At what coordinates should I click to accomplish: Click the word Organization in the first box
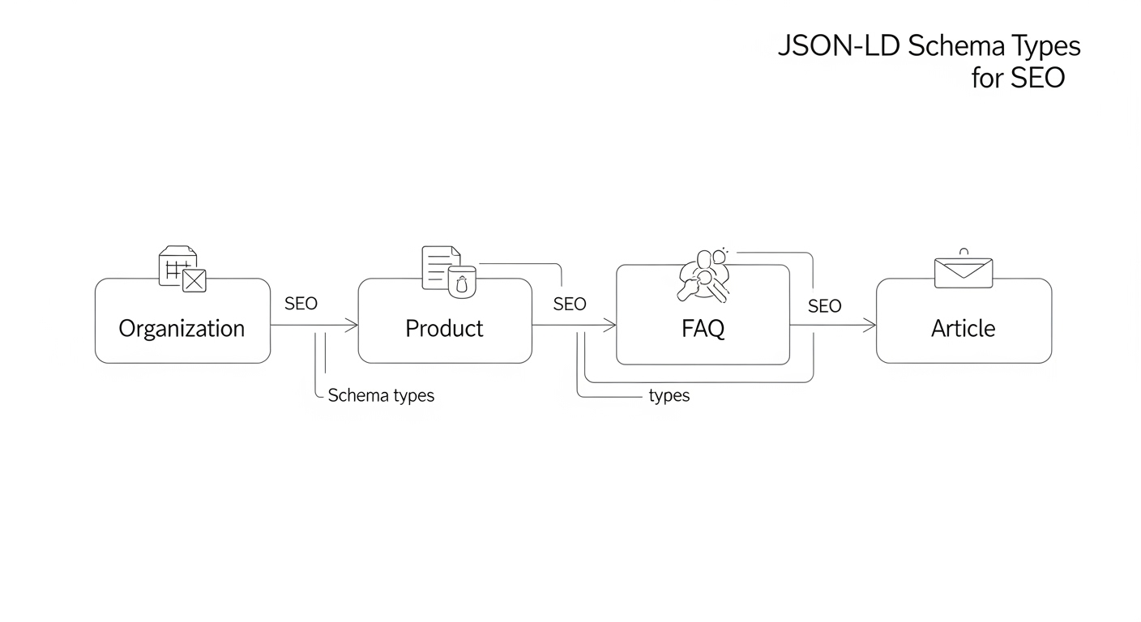click(x=182, y=329)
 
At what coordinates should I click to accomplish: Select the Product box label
click(x=444, y=329)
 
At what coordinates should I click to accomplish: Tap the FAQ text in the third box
click(x=703, y=329)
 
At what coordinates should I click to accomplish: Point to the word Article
click(x=964, y=329)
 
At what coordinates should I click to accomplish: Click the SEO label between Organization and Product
click(x=301, y=305)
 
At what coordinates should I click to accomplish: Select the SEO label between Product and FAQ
click(x=570, y=305)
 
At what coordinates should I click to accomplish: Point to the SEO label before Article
click(x=825, y=306)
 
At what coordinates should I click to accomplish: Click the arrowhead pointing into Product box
click(x=353, y=326)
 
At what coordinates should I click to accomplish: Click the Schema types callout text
click(x=381, y=396)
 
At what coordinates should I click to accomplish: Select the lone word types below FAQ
click(x=669, y=396)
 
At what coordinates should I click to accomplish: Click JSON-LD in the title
click(x=839, y=47)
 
